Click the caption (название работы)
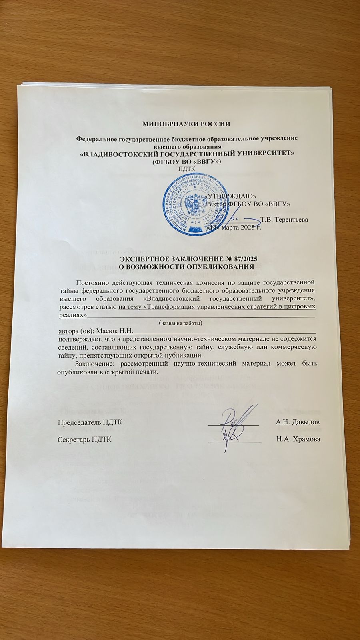pyautogui.click(x=180, y=322)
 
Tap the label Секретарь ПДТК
pyautogui.click(x=84, y=439)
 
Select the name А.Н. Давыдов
pyautogui.click(x=297, y=422)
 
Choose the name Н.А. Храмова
pyautogui.click(x=298, y=439)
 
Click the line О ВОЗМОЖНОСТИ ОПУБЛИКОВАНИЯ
pyautogui.click(x=187, y=267)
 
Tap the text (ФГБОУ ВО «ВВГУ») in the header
pyautogui.click(x=187, y=161)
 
